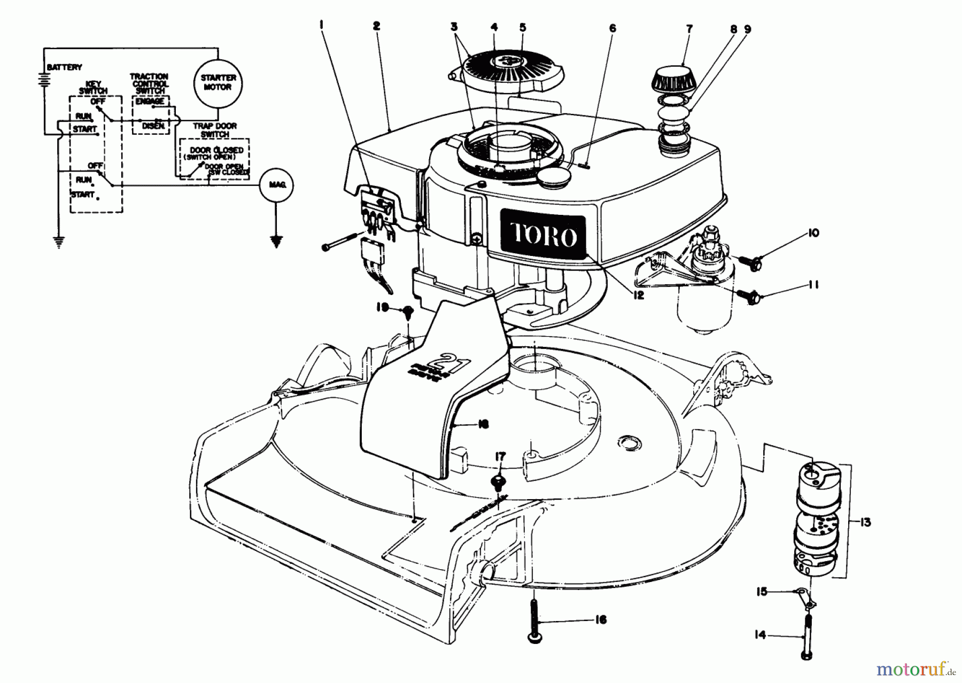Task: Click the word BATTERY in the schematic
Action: pos(65,67)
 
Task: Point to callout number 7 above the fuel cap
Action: pos(689,29)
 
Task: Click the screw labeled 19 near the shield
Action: pos(408,311)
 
